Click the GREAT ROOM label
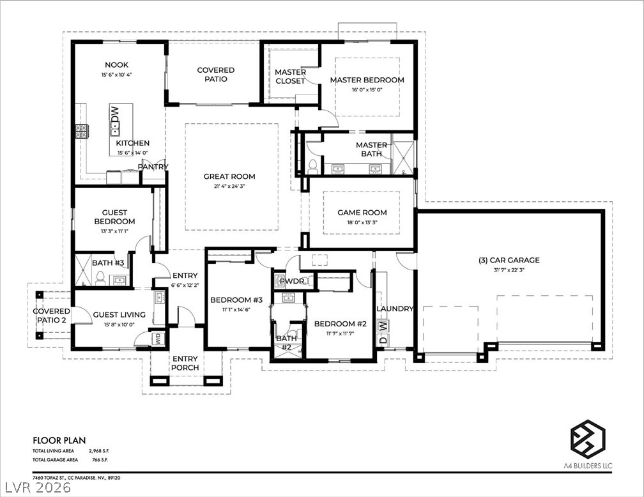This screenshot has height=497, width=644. point(229,176)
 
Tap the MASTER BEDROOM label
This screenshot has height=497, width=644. point(367,80)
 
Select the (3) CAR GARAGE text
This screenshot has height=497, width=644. point(509,260)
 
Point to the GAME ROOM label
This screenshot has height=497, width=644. point(362,213)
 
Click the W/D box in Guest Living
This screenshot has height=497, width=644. point(158,339)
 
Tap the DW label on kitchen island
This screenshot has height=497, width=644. point(115,114)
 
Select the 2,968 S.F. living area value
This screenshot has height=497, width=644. point(99,451)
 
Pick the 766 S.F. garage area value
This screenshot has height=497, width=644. point(100,460)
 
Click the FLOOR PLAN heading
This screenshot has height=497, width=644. point(59,441)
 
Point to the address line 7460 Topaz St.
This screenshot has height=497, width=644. point(77,478)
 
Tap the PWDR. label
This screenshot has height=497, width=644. point(292,282)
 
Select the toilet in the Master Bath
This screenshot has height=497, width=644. point(313,165)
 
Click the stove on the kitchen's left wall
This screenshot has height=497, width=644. point(81,132)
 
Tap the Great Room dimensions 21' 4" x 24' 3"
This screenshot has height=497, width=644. point(229,187)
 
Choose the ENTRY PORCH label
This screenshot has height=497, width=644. point(185,363)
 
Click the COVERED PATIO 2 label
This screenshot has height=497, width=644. point(51,316)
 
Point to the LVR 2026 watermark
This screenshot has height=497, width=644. point(36,488)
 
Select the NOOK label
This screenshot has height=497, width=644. point(117,65)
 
